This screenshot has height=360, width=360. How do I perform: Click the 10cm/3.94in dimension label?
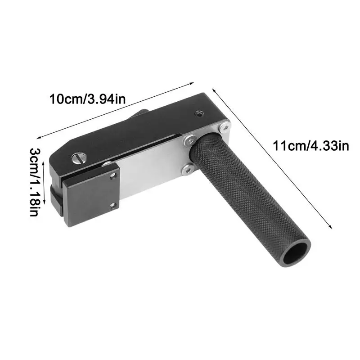[87, 99]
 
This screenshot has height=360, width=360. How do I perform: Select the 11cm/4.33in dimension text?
[311, 146]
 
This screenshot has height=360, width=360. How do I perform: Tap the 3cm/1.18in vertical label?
[35, 182]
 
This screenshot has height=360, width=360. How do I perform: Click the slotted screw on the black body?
[78, 158]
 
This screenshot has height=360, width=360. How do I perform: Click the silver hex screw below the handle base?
[188, 170]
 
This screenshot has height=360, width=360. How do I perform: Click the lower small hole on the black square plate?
[112, 205]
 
